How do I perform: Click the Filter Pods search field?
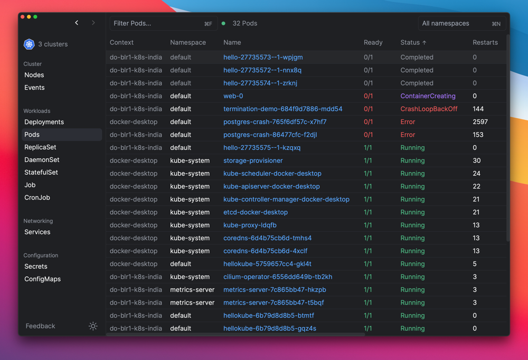click(163, 24)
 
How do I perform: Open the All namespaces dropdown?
click(461, 24)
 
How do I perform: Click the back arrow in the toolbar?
click(77, 23)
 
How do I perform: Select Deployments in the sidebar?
click(44, 122)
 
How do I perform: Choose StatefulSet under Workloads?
click(41, 173)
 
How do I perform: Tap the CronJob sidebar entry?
click(37, 197)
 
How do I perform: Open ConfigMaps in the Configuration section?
click(42, 279)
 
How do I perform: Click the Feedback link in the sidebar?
click(41, 326)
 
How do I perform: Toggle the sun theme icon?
click(93, 326)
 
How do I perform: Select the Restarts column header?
click(485, 42)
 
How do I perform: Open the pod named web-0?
click(233, 96)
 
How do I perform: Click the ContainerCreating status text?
click(428, 96)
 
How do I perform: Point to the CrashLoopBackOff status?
click(429, 109)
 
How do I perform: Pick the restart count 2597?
click(480, 122)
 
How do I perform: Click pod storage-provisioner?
click(253, 160)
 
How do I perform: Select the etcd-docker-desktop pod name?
click(255, 212)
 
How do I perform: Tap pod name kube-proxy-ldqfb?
click(250, 225)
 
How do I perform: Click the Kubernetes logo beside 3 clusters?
click(29, 44)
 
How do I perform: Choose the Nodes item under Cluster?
click(34, 75)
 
